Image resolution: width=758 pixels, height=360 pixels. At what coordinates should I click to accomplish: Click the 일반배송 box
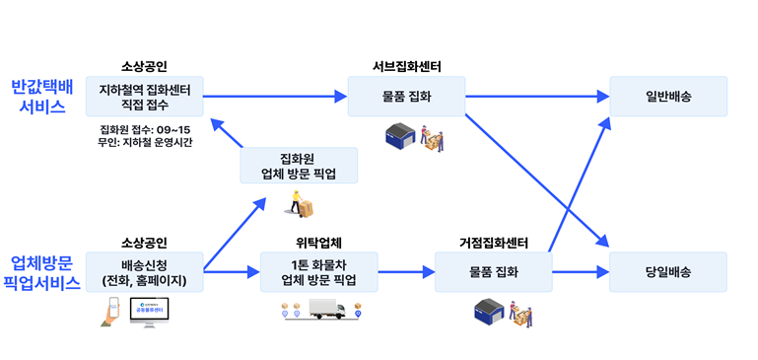click(668, 97)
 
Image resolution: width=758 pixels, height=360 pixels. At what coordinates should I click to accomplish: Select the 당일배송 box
click(668, 271)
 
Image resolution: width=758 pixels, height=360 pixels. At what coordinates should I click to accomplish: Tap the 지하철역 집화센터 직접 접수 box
click(144, 97)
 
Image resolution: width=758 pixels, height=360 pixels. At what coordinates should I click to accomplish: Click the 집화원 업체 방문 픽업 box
click(299, 165)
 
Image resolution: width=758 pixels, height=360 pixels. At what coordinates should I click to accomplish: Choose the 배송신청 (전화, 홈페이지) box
click(144, 271)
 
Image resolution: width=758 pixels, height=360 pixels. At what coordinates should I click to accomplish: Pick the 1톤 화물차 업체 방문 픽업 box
click(319, 271)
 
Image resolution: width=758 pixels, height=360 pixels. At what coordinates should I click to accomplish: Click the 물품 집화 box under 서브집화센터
click(405, 97)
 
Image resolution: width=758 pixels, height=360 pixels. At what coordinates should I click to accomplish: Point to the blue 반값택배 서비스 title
click(41, 97)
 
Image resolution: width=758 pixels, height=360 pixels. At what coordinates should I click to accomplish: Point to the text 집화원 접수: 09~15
click(146, 128)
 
